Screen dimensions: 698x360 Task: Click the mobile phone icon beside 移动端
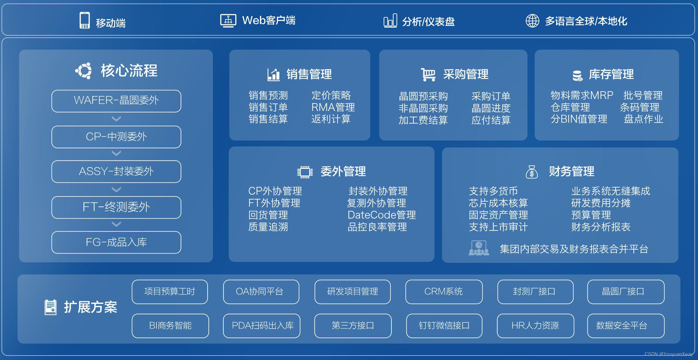[x=84, y=20]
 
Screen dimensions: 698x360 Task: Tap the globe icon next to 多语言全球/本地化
[x=532, y=21]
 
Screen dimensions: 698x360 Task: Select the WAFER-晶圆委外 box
[x=116, y=101]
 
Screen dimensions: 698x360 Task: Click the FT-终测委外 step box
[x=116, y=207]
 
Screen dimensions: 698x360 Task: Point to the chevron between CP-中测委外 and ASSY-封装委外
[x=116, y=154]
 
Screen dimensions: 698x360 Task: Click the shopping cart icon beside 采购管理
[x=428, y=74]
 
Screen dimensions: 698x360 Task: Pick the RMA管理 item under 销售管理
[x=333, y=107]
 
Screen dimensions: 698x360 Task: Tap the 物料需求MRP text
[x=582, y=95]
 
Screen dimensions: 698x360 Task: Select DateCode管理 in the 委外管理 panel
[x=381, y=215]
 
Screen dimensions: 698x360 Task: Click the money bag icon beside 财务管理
[x=531, y=172]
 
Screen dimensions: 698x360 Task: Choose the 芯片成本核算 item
[x=498, y=203]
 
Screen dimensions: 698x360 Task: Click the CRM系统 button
[x=444, y=292]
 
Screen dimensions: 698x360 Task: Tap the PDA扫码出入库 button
[x=262, y=326]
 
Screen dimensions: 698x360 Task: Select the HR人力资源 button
[x=535, y=326]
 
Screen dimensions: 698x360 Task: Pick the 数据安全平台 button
[x=626, y=326]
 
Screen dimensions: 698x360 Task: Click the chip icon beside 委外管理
[x=305, y=172]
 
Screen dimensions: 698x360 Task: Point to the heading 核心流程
[x=129, y=71]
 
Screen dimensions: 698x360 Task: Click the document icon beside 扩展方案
[x=50, y=307]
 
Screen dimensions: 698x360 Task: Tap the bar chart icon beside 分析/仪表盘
[x=390, y=21]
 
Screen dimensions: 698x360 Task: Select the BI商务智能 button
[x=170, y=326]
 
